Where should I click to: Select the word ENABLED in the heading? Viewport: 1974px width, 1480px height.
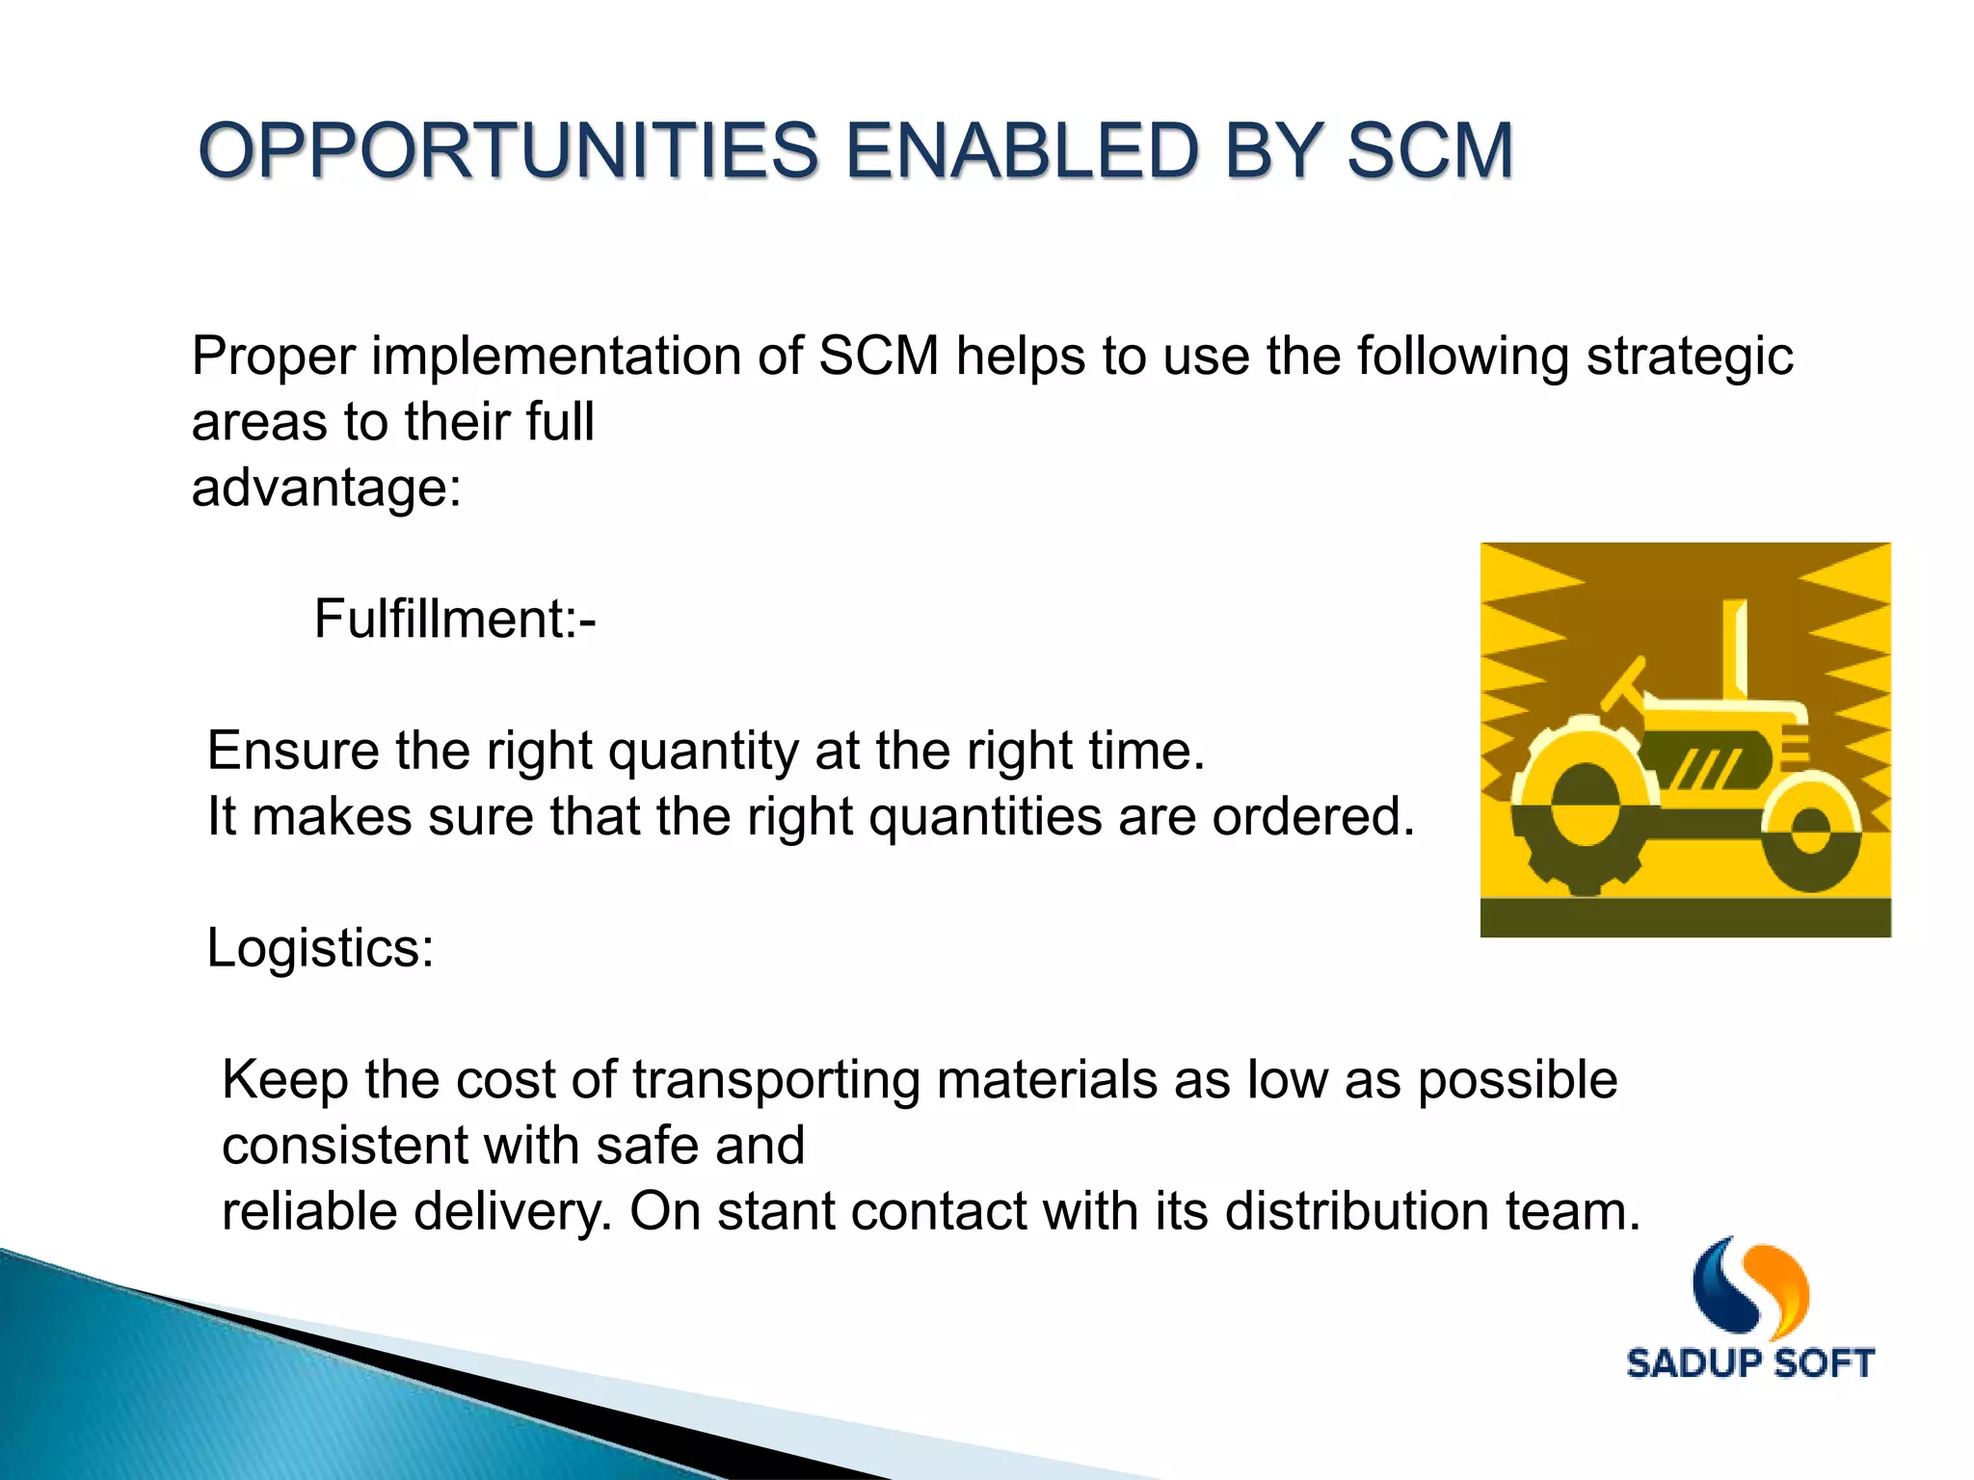[1022, 151]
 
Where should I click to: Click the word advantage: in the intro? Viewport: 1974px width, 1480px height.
[327, 488]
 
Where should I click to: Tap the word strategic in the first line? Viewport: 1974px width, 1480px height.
[1689, 357]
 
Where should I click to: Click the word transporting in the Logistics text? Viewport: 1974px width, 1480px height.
[776, 1079]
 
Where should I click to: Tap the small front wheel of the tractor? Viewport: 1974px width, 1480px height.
[1810, 831]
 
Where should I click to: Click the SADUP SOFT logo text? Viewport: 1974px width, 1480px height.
[1749, 1363]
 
